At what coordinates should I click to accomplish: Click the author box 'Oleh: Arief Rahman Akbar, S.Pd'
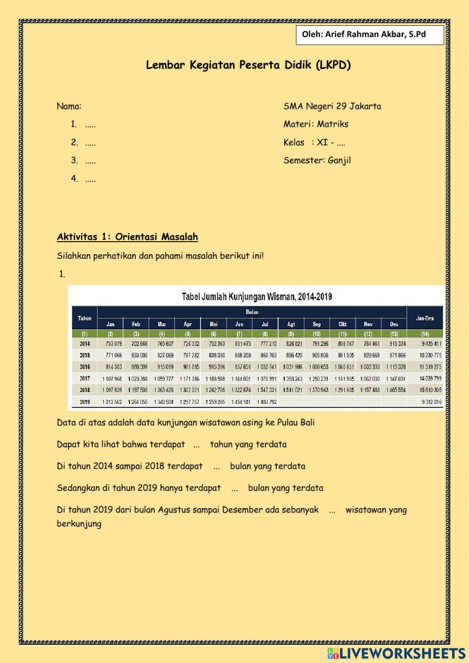tap(370, 35)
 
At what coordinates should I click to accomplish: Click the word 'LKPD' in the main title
tap(333, 65)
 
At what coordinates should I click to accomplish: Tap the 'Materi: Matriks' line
tap(316, 124)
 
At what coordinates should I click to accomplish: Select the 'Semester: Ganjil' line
tap(317, 160)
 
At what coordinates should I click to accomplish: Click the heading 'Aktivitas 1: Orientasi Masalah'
tap(127, 237)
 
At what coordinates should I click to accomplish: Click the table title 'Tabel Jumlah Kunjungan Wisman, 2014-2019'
tap(257, 297)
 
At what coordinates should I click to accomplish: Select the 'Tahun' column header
tap(84, 318)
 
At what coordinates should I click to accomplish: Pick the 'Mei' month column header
tap(213, 324)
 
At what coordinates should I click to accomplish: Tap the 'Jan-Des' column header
tap(425, 318)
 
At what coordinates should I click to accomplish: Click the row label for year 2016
tap(85, 367)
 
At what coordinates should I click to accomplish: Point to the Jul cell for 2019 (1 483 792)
tap(267, 402)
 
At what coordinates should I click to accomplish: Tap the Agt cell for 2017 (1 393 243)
tap(292, 379)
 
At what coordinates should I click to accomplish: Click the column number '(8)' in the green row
tap(265, 334)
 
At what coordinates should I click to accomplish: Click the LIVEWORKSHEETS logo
tap(396, 653)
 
